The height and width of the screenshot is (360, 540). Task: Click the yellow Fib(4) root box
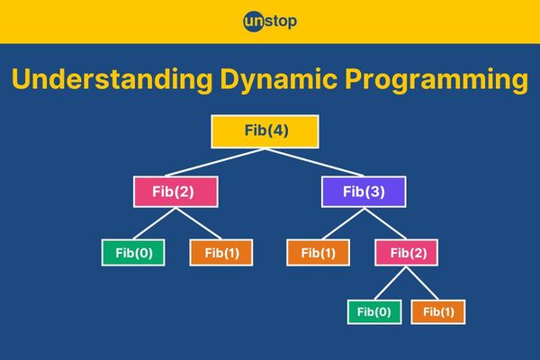click(x=265, y=131)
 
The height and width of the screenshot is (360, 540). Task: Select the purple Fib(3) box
click(x=364, y=192)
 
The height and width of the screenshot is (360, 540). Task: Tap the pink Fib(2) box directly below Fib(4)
click(x=175, y=192)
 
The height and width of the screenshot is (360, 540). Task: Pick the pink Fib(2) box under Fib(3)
click(x=407, y=253)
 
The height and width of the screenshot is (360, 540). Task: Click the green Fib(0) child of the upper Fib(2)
click(x=133, y=253)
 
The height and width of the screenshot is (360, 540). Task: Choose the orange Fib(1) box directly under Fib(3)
click(x=319, y=253)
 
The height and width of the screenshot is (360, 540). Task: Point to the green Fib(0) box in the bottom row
click(x=374, y=312)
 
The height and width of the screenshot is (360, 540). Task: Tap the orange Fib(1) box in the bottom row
click(x=438, y=312)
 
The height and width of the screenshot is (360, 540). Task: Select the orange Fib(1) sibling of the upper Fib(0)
click(x=221, y=253)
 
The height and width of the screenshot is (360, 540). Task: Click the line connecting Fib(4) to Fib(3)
click(x=314, y=162)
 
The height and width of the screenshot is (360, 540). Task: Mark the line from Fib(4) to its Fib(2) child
click(x=215, y=162)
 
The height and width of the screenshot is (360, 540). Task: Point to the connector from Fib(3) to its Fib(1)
click(x=344, y=223)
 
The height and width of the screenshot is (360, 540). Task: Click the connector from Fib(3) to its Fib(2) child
click(x=385, y=223)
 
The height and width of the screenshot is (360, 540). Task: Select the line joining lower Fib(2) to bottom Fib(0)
click(x=391, y=283)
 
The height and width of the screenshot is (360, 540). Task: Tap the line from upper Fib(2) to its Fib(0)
click(x=154, y=223)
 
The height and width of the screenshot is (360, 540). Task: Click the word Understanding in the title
click(x=112, y=80)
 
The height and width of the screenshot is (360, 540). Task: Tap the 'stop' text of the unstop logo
click(x=281, y=22)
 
